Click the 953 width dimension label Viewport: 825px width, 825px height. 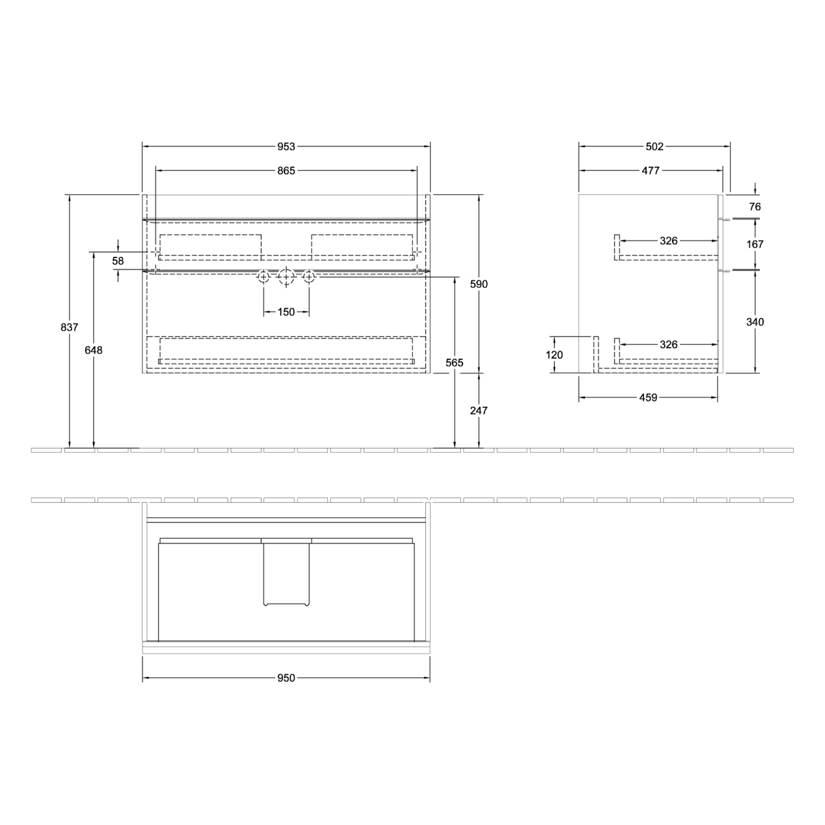click(286, 146)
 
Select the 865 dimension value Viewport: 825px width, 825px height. click(286, 170)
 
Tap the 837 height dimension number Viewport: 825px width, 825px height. click(69, 327)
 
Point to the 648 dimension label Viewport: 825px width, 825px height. click(93, 350)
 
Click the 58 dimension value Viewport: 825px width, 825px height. click(118, 261)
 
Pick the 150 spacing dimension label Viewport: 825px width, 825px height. click(286, 312)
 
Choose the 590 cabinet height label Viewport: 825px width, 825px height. click(478, 284)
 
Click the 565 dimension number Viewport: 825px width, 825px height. click(454, 363)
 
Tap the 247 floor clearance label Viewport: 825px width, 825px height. click(478, 411)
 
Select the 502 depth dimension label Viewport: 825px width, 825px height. click(654, 146)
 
